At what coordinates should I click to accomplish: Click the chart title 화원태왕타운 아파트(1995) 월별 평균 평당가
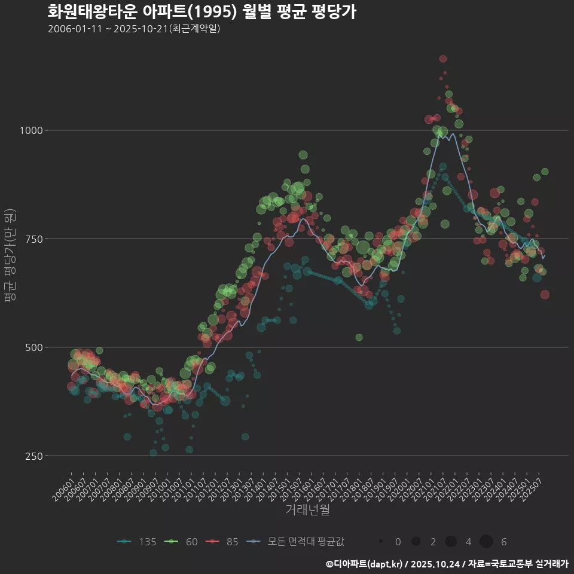point(201,12)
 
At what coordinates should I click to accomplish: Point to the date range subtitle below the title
point(134,29)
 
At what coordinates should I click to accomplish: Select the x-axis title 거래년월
point(307,509)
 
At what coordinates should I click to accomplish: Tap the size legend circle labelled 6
point(486,542)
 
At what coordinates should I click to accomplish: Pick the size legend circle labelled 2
point(416,542)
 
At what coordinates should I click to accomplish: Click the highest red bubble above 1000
point(442,59)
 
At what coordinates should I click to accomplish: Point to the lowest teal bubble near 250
point(154,453)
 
